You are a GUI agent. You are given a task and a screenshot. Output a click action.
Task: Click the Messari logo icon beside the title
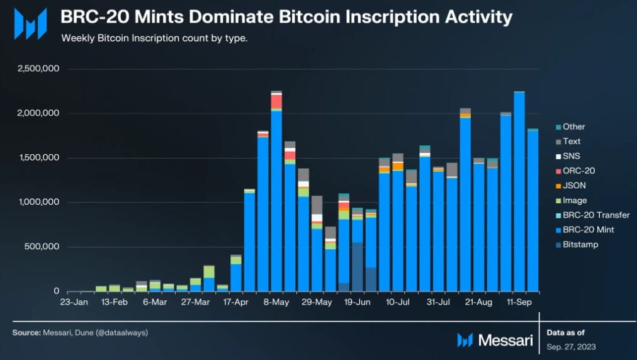click(30, 24)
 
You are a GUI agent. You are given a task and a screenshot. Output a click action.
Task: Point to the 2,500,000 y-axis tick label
click(38, 69)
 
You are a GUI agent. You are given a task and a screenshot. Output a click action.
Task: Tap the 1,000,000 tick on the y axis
click(38, 202)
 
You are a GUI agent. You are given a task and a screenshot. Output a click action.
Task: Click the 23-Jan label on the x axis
click(74, 302)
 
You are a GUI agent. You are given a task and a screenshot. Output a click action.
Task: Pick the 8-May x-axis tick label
click(276, 302)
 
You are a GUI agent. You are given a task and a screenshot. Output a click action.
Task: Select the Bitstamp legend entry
click(580, 244)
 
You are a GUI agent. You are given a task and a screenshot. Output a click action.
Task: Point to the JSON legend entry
click(575, 185)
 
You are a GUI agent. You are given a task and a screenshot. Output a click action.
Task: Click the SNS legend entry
click(572, 156)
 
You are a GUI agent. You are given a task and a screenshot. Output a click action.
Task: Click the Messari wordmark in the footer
click(505, 340)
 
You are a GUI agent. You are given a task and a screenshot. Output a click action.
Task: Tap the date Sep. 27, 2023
click(572, 347)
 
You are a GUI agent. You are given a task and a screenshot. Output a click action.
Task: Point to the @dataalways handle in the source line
click(126, 332)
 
